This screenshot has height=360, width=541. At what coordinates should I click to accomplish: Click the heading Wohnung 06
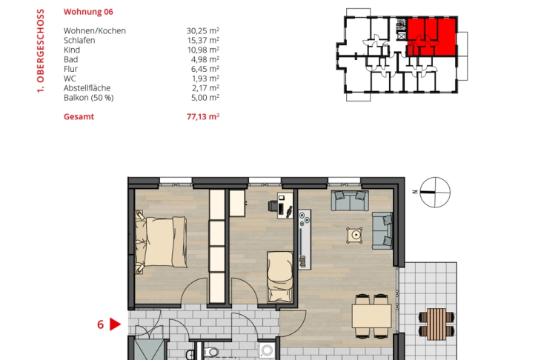click(x=88, y=12)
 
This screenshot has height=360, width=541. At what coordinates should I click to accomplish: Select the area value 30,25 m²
click(x=203, y=30)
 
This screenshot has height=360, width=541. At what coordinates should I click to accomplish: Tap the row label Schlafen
click(x=79, y=40)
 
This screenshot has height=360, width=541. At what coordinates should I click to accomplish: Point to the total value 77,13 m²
click(x=203, y=116)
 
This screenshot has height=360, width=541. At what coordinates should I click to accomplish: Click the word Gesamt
click(x=79, y=116)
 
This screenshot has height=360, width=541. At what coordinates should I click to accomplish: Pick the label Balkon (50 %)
click(x=89, y=98)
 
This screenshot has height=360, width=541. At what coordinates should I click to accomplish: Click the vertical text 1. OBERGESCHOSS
click(x=40, y=50)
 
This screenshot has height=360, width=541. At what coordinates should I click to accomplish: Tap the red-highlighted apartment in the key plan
click(x=431, y=37)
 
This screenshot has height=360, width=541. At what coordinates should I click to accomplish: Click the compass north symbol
click(x=435, y=192)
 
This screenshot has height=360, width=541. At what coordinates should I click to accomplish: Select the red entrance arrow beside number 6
click(x=115, y=324)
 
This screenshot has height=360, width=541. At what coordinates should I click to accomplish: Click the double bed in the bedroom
click(x=161, y=241)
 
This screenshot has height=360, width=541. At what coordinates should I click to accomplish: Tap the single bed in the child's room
click(x=280, y=277)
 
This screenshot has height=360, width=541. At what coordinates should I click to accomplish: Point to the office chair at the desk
click(x=273, y=206)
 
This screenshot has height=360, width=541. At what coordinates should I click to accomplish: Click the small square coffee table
click(x=355, y=235)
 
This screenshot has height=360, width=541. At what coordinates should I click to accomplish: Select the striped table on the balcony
click(x=437, y=324)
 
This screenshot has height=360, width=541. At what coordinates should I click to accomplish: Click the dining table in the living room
click(x=371, y=316)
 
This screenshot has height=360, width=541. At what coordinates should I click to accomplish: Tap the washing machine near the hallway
click(x=267, y=351)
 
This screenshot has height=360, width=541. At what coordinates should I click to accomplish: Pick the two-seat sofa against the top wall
click(x=350, y=200)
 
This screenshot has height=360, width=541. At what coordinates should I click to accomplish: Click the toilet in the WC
click(x=211, y=353)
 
